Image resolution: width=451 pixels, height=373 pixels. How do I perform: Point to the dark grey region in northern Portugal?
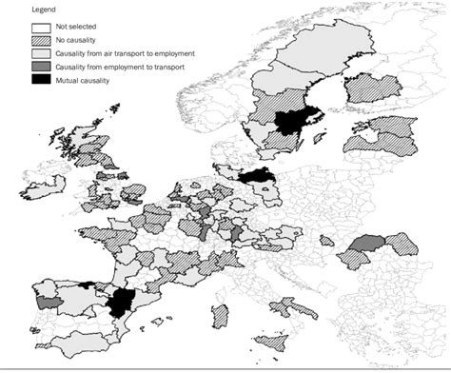point(42,302)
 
